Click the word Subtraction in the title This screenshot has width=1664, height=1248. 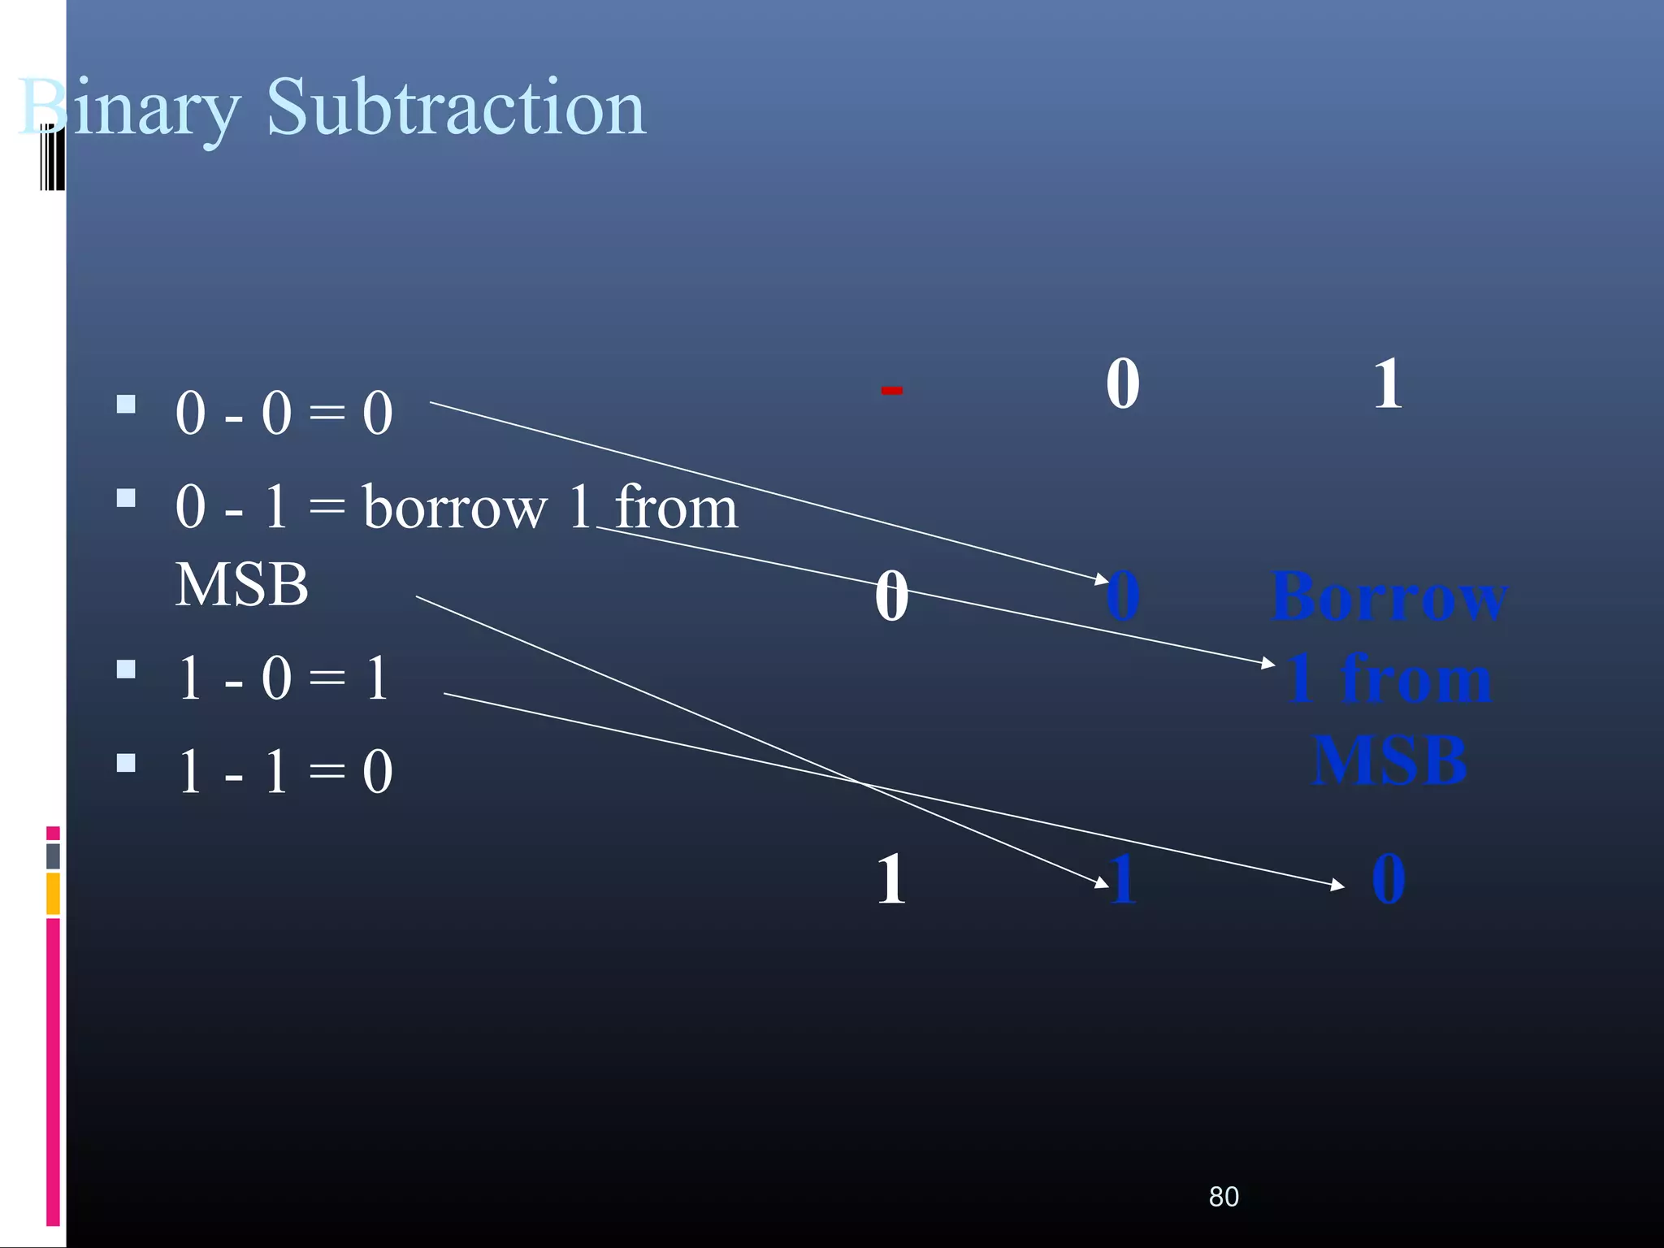pyautogui.click(x=456, y=107)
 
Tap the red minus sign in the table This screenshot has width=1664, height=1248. pyautogui.click(x=891, y=391)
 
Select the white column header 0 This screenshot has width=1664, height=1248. pyautogui.click(x=1122, y=383)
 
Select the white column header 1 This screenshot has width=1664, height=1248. pyautogui.click(x=1388, y=383)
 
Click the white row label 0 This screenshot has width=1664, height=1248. pyautogui.click(x=891, y=596)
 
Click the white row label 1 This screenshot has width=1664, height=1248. pyautogui.click(x=891, y=879)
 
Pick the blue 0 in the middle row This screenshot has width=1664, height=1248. pyautogui.click(x=1124, y=596)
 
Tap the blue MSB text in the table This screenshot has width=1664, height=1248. pyautogui.click(x=1389, y=760)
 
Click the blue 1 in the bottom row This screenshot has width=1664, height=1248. pyautogui.click(x=1124, y=879)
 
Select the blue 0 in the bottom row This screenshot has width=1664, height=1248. pyautogui.click(x=1388, y=879)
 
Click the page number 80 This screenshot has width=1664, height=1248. pyautogui.click(x=1224, y=1197)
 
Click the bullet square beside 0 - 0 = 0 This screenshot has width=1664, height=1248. pyautogui.click(x=126, y=404)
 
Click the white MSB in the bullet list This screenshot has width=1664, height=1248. pyautogui.click(x=241, y=584)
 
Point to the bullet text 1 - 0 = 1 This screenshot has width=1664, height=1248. pyautogui.click(x=284, y=678)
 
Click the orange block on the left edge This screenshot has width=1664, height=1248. pyautogui.click(x=53, y=893)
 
